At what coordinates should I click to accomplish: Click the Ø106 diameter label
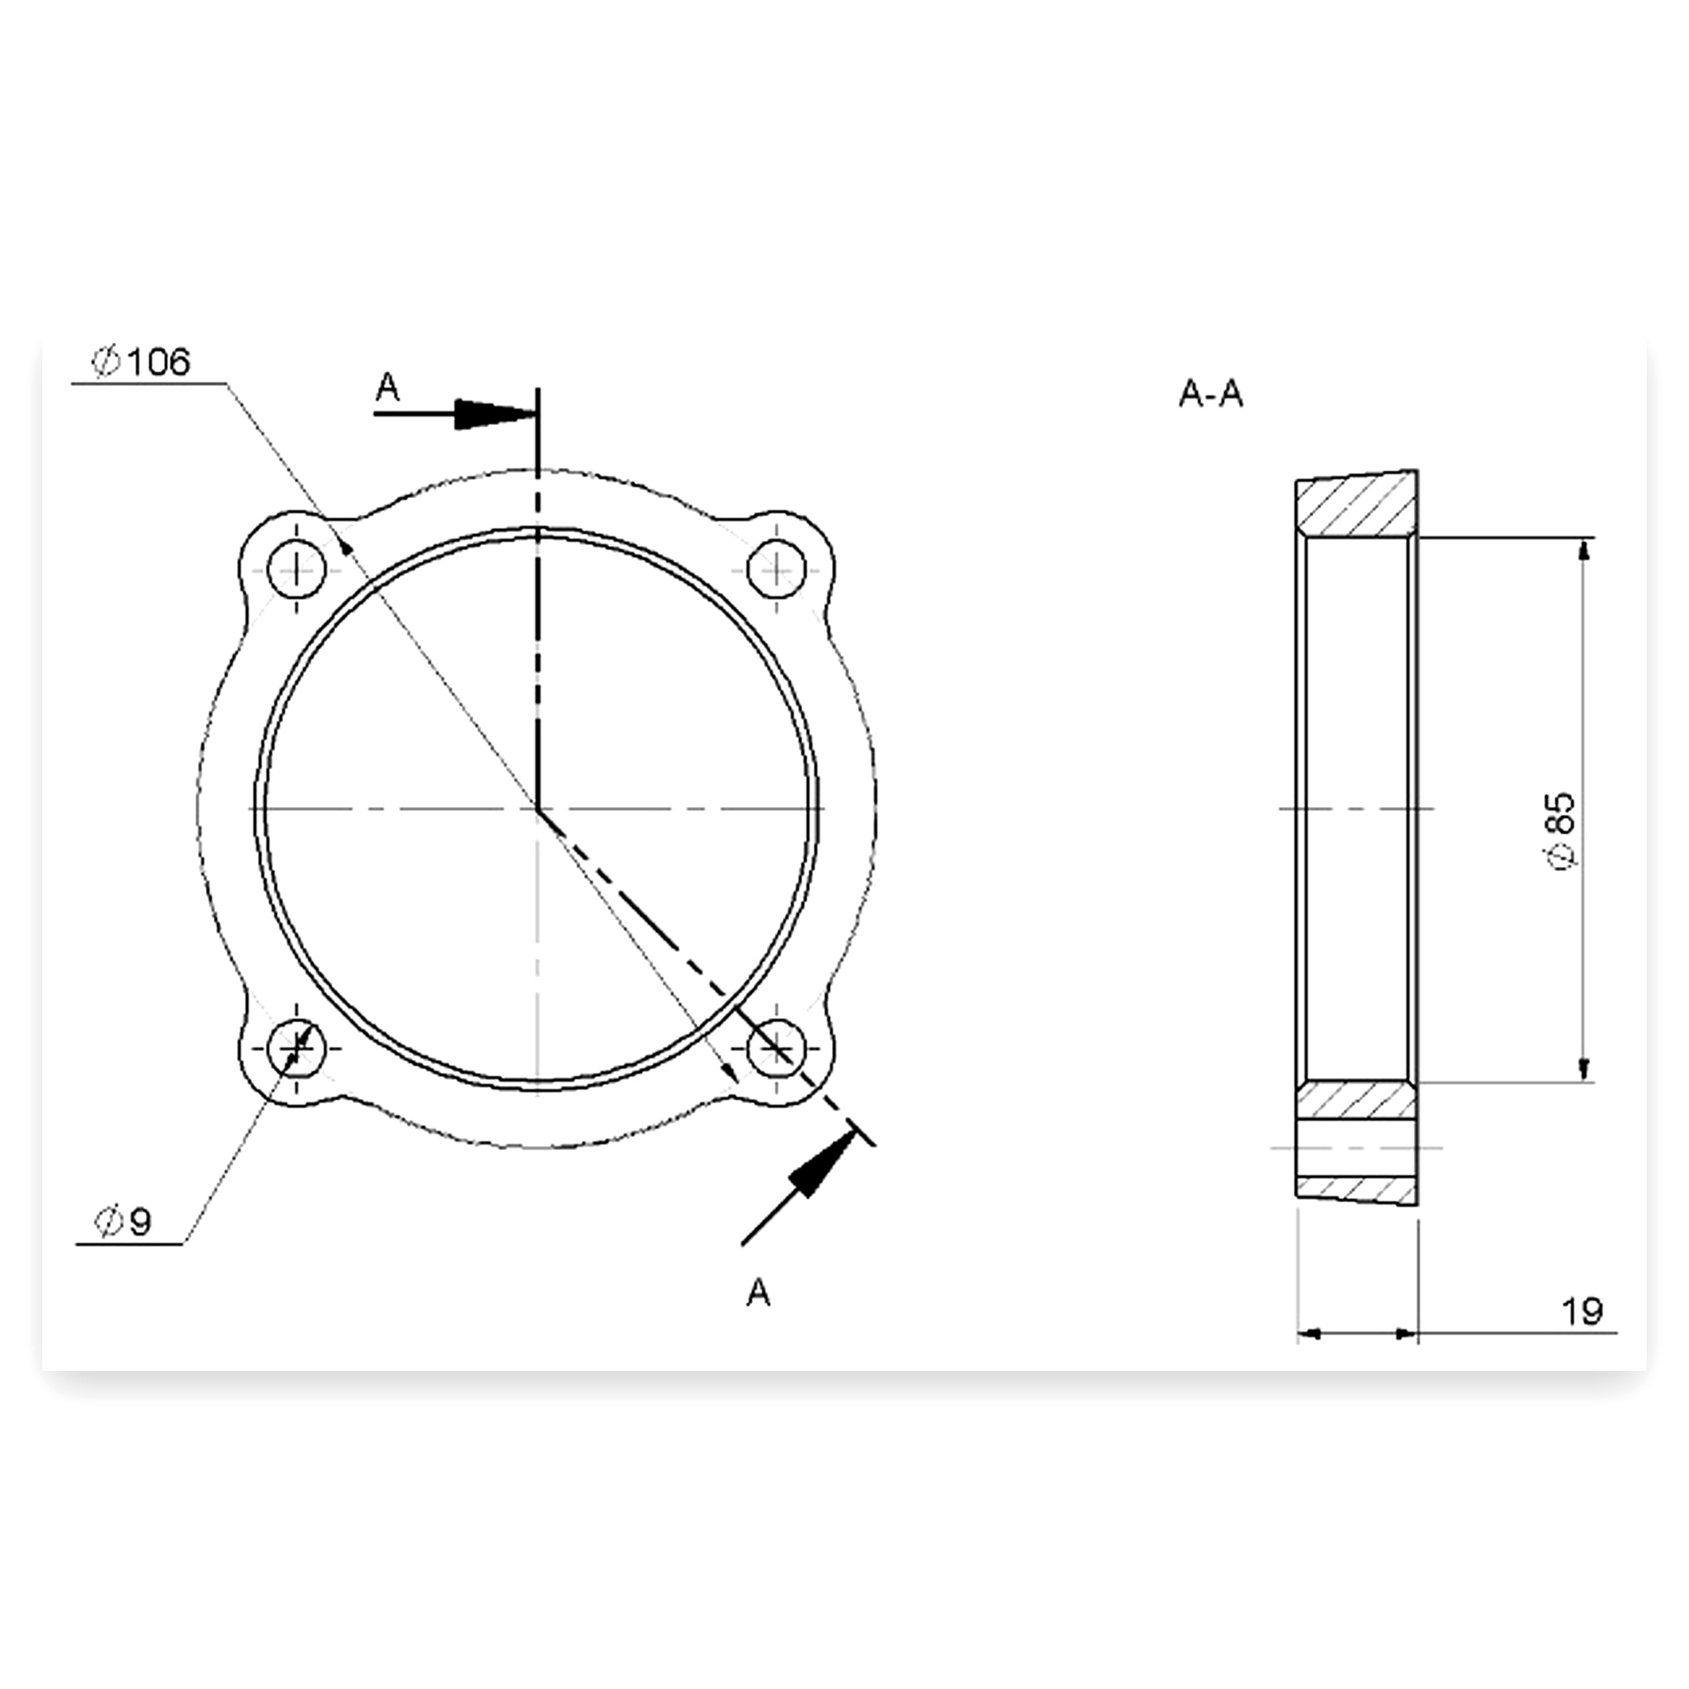[141, 361]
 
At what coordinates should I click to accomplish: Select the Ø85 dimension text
[1562, 831]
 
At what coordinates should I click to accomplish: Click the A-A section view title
[1211, 395]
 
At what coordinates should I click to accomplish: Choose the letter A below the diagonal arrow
[758, 1292]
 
